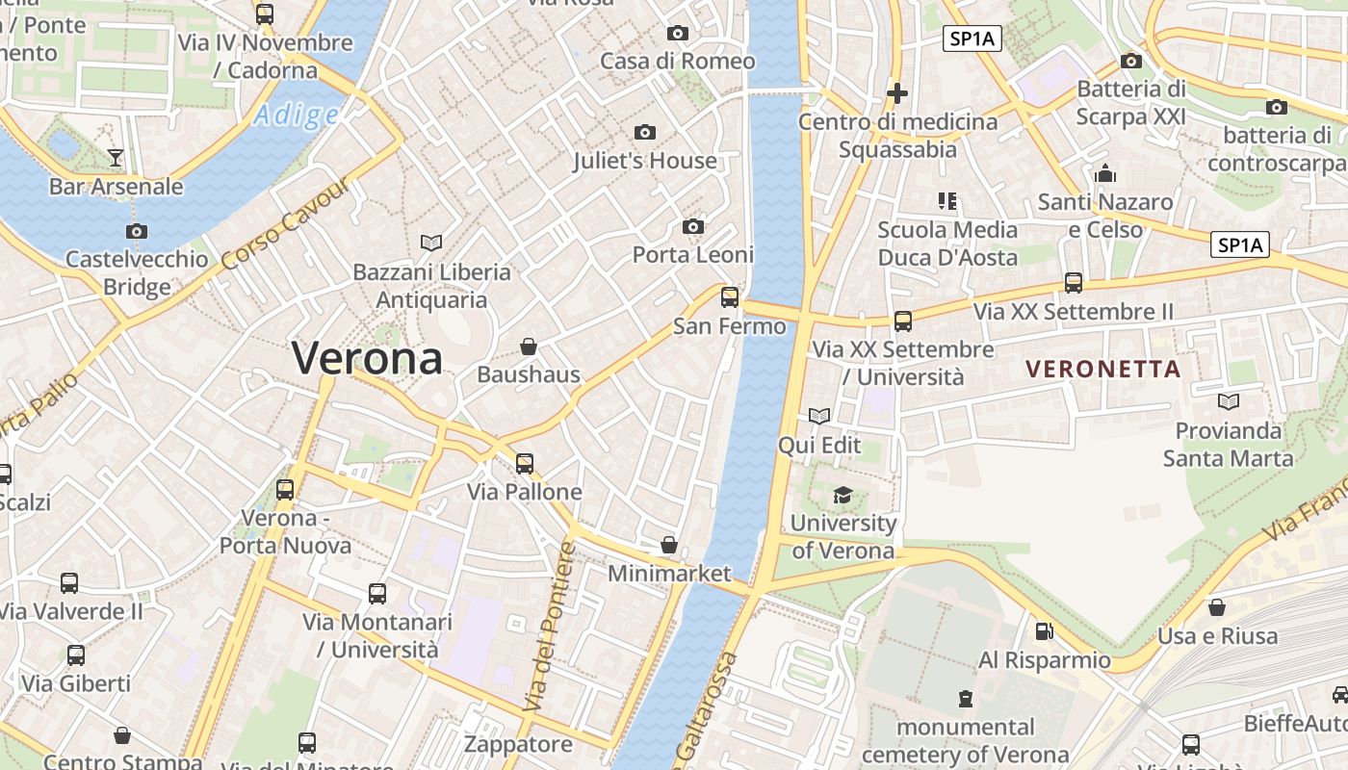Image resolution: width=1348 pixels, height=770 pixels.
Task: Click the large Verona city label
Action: tap(367, 359)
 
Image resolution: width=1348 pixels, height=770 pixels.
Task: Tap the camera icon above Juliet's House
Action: tap(645, 132)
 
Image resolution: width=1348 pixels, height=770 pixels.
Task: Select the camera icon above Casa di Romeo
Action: tap(677, 33)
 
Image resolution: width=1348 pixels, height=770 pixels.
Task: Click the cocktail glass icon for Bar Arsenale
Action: tap(116, 157)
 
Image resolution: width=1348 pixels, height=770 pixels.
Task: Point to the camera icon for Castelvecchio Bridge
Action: tap(137, 231)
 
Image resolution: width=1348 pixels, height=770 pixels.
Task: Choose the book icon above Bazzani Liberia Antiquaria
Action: tap(431, 243)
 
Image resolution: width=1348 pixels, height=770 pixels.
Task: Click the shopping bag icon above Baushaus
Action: tap(528, 346)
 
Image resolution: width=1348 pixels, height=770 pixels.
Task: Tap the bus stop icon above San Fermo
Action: tap(729, 297)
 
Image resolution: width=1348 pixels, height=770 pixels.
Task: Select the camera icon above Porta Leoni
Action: tap(692, 226)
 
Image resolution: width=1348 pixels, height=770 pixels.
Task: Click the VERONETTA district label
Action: tap(1102, 369)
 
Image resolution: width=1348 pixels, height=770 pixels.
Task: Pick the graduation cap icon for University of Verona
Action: tap(842, 495)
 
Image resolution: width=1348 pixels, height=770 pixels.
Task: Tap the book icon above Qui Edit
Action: tap(819, 416)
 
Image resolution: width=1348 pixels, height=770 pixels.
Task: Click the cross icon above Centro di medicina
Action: tap(897, 93)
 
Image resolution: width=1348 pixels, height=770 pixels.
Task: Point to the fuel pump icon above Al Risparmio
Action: tap(1044, 631)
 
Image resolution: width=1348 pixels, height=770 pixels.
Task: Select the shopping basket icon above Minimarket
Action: tap(669, 546)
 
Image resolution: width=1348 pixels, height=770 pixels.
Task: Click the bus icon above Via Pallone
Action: tap(524, 464)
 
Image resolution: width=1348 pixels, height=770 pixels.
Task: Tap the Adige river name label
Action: tap(296, 116)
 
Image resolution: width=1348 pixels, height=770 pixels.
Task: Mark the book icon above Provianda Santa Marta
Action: tap(1228, 401)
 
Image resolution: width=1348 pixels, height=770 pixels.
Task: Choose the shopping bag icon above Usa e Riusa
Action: tap(1217, 607)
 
